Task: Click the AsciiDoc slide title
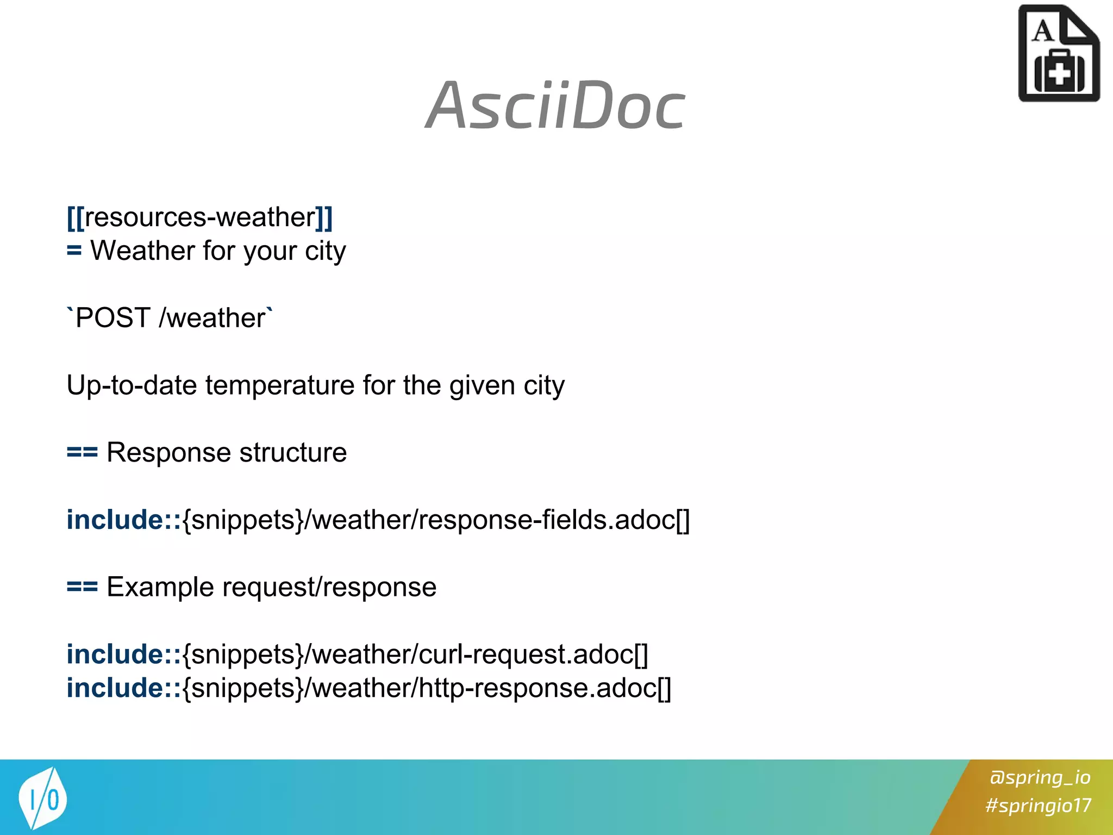[x=555, y=106]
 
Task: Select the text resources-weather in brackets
[x=200, y=217]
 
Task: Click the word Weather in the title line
[x=142, y=251]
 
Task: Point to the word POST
[x=112, y=318]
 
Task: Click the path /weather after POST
[x=212, y=318]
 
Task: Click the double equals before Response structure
[x=82, y=452]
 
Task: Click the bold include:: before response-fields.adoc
[x=123, y=520]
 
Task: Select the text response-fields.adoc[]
[x=553, y=520]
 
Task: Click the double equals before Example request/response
[x=82, y=587]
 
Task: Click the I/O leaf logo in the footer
[x=42, y=798]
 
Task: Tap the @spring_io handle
[x=1039, y=777]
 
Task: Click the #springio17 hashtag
[x=1038, y=805]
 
